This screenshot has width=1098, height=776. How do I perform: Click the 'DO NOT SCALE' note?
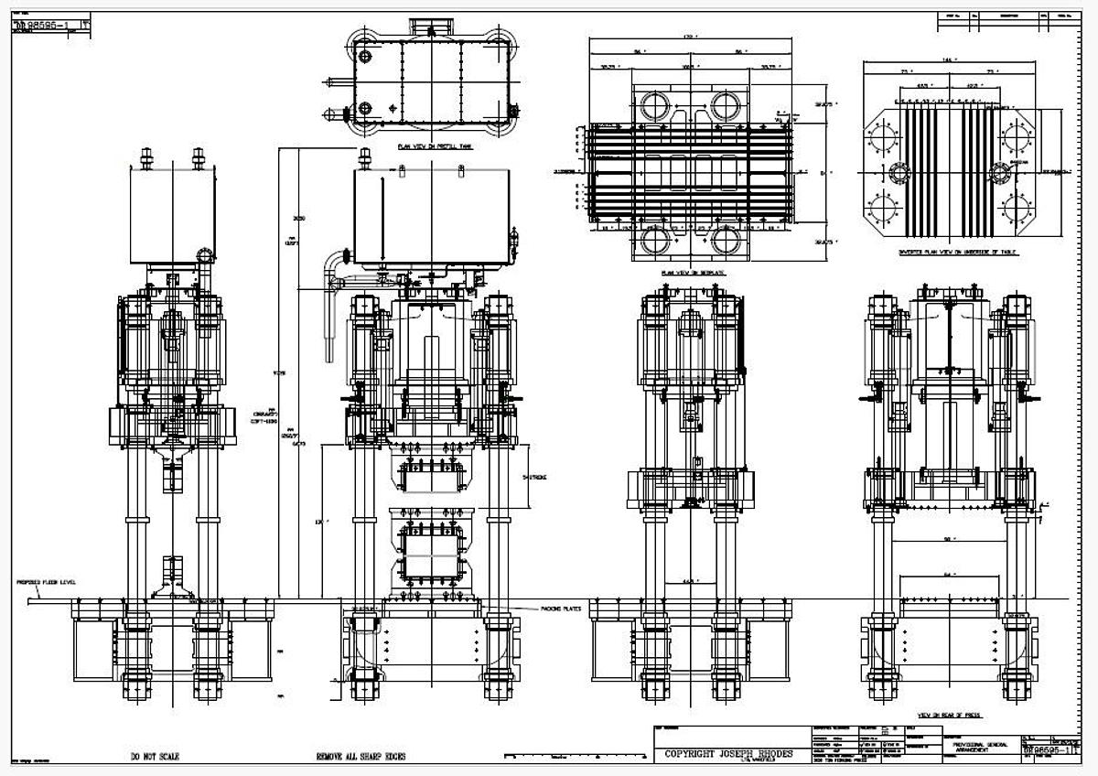pos(155,757)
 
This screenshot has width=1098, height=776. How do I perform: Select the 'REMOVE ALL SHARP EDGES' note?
pos(361,757)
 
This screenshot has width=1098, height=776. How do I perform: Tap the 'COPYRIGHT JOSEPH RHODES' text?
pos(729,754)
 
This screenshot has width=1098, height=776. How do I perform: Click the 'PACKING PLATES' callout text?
pos(538,608)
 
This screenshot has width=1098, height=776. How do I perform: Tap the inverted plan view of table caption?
pos(958,251)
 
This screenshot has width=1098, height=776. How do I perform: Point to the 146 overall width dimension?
pos(957,59)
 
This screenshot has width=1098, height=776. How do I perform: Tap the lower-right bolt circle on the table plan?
pos(1019,205)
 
